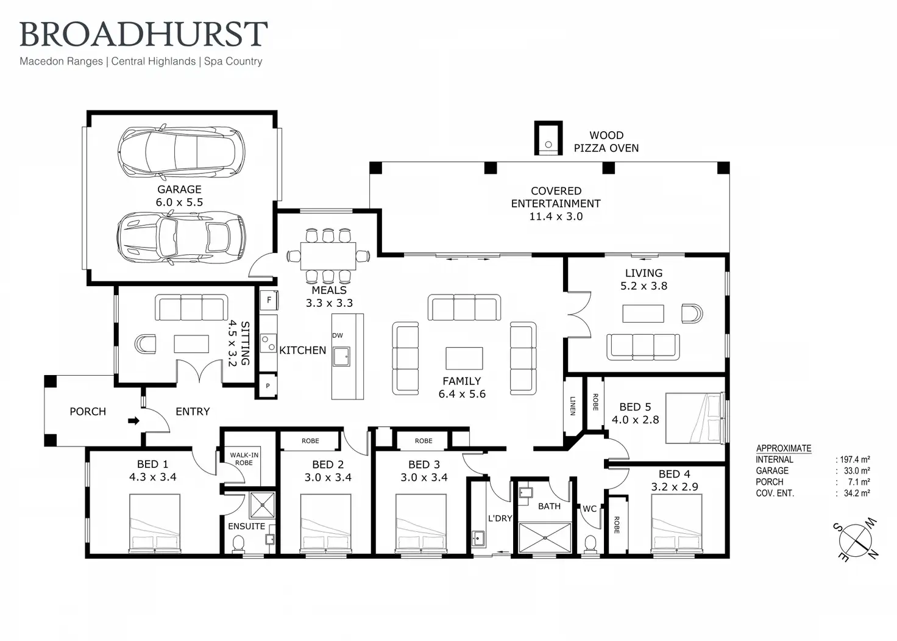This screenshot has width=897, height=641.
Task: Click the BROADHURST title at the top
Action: tap(144, 34)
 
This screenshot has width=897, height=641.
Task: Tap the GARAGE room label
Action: tap(179, 190)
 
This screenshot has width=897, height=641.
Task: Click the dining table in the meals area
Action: tap(328, 256)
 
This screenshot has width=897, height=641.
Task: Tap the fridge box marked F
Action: tap(269, 300)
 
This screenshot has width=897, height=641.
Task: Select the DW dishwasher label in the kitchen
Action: tap(338, 335)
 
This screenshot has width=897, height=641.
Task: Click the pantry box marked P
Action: tap(268, 386)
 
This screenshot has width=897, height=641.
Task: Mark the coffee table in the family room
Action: tap(464, 358)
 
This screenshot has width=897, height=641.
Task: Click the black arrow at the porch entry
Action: tap(133, 421)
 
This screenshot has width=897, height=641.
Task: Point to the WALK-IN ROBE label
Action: tap(244, 459)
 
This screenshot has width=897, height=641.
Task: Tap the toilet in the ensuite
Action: tap(238, 543)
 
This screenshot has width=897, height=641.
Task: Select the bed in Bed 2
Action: tap(325, 523)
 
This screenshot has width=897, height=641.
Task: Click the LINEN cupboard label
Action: tap(572, 406)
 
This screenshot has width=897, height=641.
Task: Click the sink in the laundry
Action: tap(478, 539)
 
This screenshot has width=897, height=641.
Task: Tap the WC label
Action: tap(589, 509)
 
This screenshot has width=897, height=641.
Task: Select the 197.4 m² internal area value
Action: tap(854, 460)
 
